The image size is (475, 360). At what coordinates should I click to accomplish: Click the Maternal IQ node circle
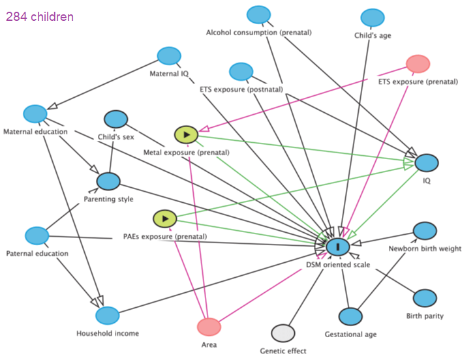(169, 56)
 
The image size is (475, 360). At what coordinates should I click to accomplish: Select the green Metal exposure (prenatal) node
(186, 135)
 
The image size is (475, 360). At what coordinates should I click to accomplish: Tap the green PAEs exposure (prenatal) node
(165, 218)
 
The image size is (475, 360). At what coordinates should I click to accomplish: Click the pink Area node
(209, 327)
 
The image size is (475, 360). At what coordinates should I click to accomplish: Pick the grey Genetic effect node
(283, 333)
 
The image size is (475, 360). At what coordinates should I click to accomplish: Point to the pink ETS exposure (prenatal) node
(418, 64)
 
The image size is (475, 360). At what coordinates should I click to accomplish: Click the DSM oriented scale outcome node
(338, 247)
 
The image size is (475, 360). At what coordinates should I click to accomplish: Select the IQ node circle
(427, 163)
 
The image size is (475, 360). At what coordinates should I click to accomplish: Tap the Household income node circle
(108, 316)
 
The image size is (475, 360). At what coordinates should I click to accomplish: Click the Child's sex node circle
(115, 119)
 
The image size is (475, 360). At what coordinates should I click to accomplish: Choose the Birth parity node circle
(425, 298)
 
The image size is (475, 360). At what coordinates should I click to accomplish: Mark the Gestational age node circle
(350, 317)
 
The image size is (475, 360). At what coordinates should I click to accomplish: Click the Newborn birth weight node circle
(425, 231)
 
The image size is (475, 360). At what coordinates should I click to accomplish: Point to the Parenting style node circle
(108, 181)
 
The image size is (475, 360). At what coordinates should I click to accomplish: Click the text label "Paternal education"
(37, 254)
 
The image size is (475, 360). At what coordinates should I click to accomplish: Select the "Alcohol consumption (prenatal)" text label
(258, 33)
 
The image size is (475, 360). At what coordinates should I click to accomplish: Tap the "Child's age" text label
(373, 35)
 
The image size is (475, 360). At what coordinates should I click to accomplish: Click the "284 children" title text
(40, 17)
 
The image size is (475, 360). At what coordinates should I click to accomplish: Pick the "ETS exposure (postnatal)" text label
(241, 89)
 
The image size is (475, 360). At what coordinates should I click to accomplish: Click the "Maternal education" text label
(35, 132)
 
